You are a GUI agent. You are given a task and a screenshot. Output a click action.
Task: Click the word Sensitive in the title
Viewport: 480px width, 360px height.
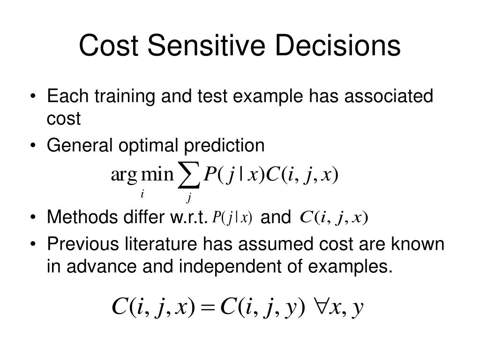click(x=206, y=45)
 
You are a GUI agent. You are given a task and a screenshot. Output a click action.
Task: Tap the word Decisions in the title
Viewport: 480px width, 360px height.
click(x=337, y=45)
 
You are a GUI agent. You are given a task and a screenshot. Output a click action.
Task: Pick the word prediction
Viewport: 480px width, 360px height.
click(x=224, y=146)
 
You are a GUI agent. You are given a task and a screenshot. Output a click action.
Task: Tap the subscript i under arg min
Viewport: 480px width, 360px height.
click(x=142, y=194)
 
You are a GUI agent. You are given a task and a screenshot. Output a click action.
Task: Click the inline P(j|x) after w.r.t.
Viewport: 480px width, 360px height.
click(x=232, y=217)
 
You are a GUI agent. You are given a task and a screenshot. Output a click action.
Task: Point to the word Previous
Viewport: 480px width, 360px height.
click(x=82, y=244)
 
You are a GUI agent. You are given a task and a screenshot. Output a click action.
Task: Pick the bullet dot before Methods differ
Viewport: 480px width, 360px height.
click(x=33, y=217)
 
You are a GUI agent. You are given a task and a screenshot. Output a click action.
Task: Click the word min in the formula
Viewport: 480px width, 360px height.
click(x=157, y=174)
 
